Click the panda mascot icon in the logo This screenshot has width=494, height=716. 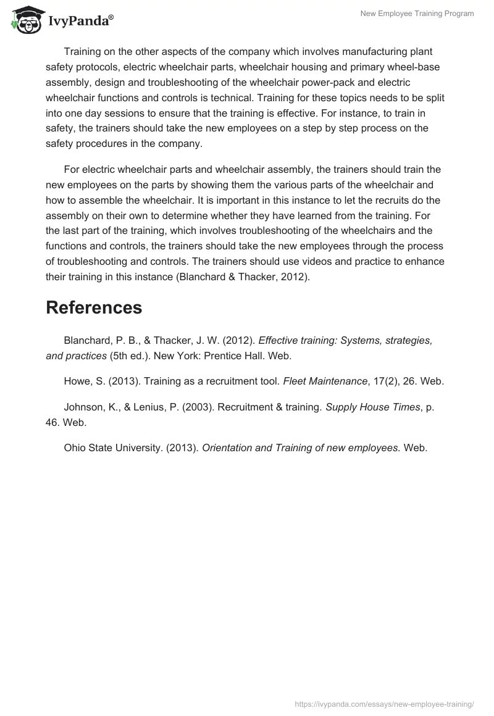pos(24,19)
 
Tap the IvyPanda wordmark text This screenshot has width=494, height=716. pos(80,21)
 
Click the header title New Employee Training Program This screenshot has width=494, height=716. pos(417,14)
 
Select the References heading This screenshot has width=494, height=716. pos(94,307)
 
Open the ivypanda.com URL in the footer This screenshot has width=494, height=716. pos(384,704)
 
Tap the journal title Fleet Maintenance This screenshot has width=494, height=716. pos(325,381)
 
